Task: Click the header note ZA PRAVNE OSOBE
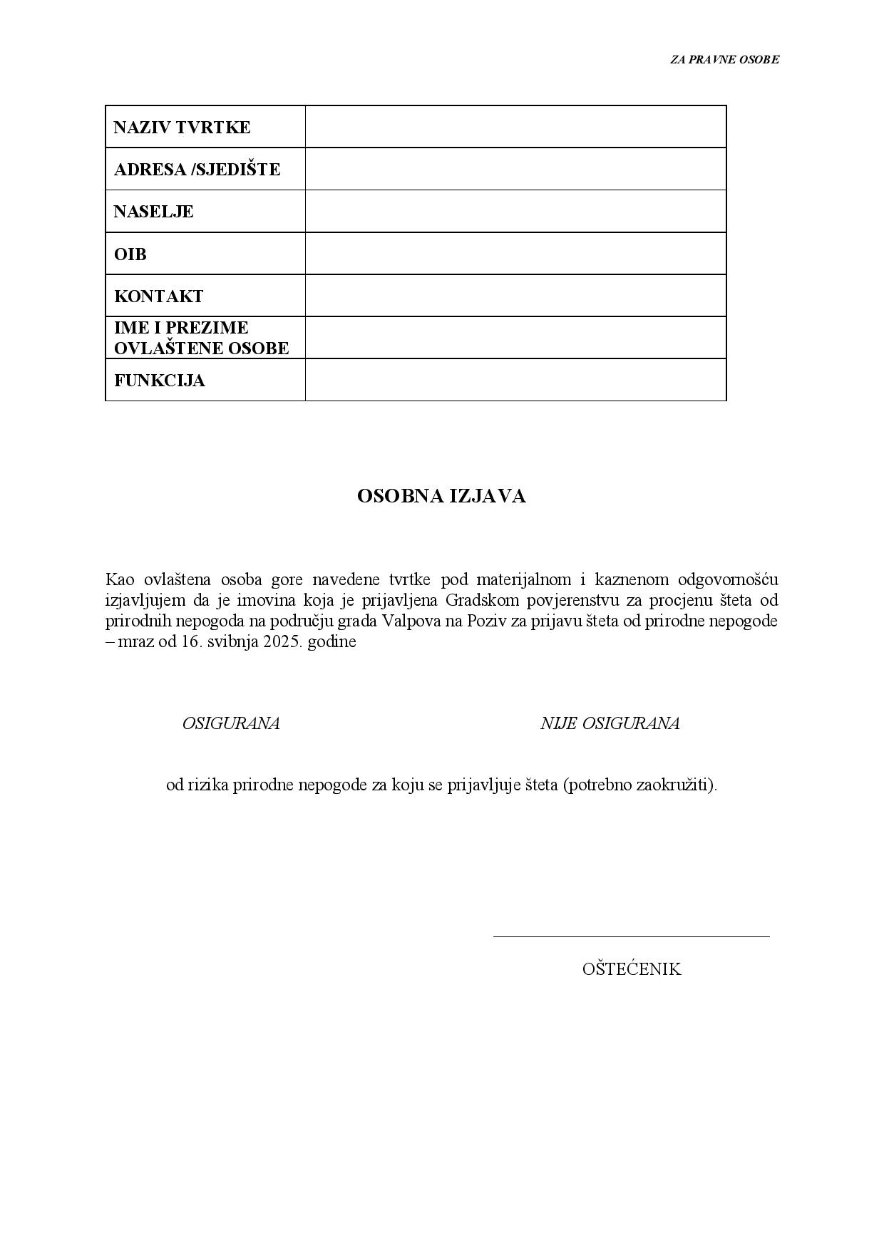pos(724,60)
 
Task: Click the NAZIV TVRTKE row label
pos(182,128)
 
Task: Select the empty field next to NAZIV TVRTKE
pos(515,127)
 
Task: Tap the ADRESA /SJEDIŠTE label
pos(197,170)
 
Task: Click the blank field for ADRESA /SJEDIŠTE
pos(515,169)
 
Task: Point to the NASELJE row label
pos(153,212)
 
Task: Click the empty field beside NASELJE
pos(515,211)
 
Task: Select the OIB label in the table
pos(130,254)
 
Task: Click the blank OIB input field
pos(515,253)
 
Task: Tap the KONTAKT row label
pos(158,296)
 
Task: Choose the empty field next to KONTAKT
pos(515,295)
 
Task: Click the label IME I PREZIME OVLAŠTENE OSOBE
pos(201,338)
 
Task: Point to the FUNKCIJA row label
pos(159,380)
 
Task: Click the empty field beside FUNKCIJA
pos(515,380)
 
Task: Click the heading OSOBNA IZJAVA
pos(441,497)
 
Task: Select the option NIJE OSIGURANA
pos(610,723)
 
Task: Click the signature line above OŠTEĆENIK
pos(631,936)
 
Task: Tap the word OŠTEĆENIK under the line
pos(632,969)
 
